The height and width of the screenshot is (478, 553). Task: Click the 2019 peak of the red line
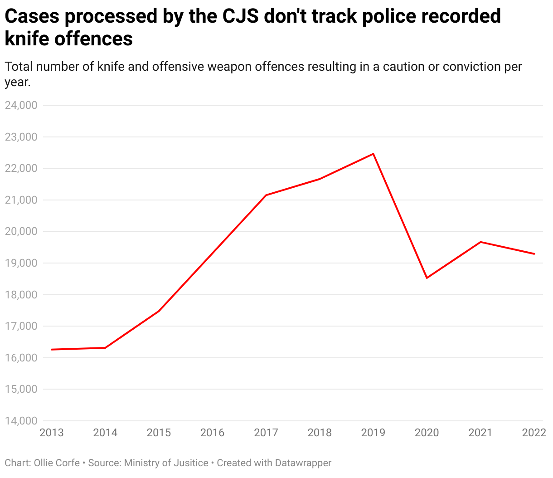[x=373, y=154]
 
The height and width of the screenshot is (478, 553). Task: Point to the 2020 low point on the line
[x=427, y=278]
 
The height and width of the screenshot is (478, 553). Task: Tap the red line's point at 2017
[x=266, y=195]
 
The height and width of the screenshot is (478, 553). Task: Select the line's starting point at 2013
[x=52, y=350]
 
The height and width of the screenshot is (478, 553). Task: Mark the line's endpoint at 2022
[x=534, y=254]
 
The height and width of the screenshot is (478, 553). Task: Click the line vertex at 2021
[x=480, y=242]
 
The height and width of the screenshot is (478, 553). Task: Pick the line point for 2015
[x=159, y=311]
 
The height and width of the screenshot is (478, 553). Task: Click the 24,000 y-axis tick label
[x=20, y=105]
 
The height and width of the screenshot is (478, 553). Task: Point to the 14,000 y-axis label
[x=20, y=421]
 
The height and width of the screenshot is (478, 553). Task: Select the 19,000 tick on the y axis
[x=20, y=263]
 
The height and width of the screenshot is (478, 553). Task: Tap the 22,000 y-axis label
[x=20, y=168]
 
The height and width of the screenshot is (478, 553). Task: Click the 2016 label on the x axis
[x=212, y=433]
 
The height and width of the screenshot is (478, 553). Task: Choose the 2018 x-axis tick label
[x=320, y=433]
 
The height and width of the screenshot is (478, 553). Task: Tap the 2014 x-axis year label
[x=105, y=433]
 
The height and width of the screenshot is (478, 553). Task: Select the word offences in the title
[x=94, y=39]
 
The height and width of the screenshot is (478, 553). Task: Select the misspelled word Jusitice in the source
[x=186, y=463]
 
